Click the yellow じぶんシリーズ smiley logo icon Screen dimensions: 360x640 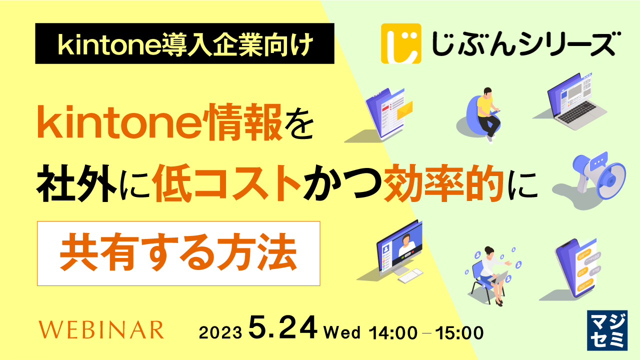[400, 43]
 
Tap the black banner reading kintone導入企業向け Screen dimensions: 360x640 [184, 43]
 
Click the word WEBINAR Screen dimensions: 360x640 [101, 330]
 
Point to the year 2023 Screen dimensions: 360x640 [221, 332]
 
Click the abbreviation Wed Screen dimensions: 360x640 [343, 331]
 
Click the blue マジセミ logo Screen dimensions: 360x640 [607, 330]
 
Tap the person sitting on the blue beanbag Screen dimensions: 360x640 [484, 112]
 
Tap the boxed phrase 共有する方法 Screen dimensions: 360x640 [178, 253]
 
